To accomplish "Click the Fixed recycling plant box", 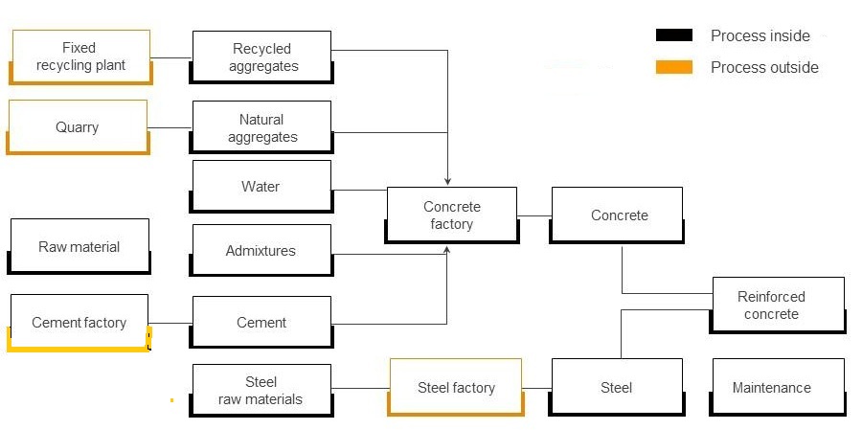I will click(x=80, y=57).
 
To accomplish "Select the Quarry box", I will click(x=78, y=127).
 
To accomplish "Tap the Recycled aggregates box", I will click(x=262, y=57).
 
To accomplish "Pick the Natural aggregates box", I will click(x=262, y=127).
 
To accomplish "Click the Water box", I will click(x=261, y=187).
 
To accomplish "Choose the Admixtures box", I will click(x=261, y=251).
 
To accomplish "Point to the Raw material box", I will click(x=79, y=247).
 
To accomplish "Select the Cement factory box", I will click(x=79, y=323).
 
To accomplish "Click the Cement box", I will click(x=261, y=323).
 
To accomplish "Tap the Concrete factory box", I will click(x=451, y=215).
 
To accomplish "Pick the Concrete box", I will click(x=618, y=215).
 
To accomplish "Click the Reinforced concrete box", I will click(x=777, y=306).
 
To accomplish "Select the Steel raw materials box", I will click(x=261, y=390).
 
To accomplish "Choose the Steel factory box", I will click(x=456, y=388).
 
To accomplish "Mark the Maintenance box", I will click(x=777, y=388).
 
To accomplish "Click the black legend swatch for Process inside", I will click(x=673, y=35).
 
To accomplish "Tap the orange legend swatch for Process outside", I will click(x=673, y=67).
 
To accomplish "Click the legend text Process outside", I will click(x=764, y=67).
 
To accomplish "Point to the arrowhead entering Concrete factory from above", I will click(x=447, y=180).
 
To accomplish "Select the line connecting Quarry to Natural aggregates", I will click(x=170, y=128).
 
